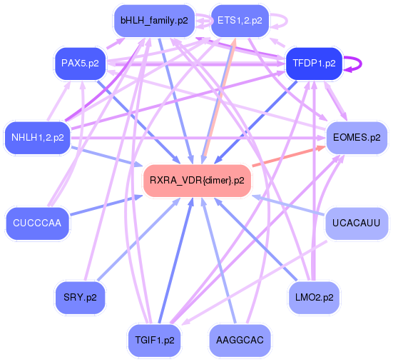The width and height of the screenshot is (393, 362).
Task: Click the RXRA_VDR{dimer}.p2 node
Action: [x=197, y=181]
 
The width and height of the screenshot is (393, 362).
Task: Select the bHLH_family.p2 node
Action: [x=154, y=21]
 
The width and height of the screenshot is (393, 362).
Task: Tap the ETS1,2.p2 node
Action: [x=240, y=21]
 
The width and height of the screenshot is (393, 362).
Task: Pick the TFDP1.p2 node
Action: [x=313, y=64]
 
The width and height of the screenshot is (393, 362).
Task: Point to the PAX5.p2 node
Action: [x=80, y=64]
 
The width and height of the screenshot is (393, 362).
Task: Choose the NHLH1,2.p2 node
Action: [x=38, y=137]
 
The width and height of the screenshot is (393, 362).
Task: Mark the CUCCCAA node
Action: [x=36, y=223]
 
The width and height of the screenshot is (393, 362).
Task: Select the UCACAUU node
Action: [x=357, y=223]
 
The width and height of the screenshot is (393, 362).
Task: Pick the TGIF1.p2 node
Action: [x=154, y=340]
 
